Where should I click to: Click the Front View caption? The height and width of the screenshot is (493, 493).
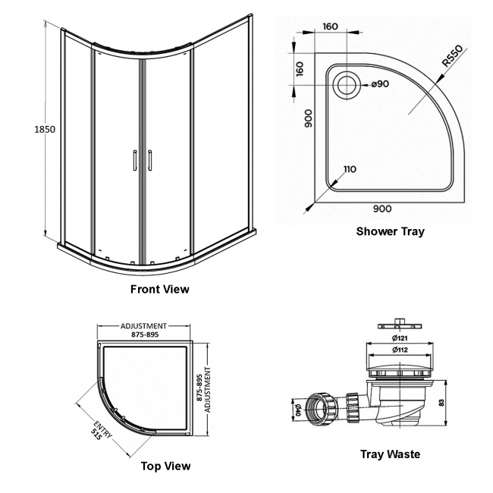click(160, 289)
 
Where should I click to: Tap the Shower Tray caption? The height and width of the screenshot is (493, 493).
click(391, 231)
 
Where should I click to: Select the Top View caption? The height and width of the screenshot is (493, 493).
click(166, 466)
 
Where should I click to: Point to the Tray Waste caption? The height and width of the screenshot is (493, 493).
click(391, 454)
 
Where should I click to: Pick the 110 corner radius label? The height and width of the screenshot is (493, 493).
click(349, 170)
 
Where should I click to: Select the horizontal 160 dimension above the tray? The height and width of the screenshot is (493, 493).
click(330, 27)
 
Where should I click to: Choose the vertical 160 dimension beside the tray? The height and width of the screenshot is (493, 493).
click(299, 69)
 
